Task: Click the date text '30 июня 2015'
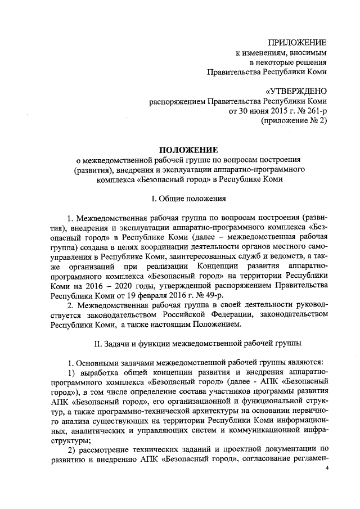[x=253, y=111]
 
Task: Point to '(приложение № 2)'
[x=294, y=120]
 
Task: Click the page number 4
[x=334, y=483]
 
